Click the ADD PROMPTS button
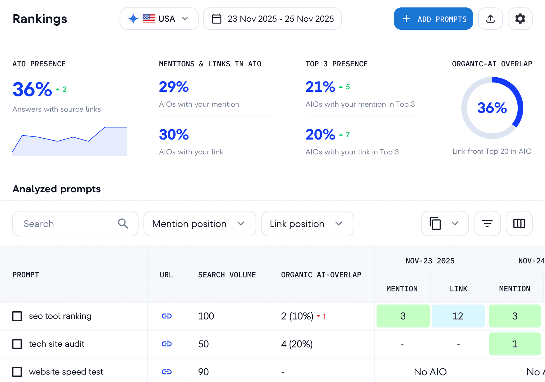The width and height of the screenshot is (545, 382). [433, 19]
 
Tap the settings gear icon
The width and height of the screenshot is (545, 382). [520, 19]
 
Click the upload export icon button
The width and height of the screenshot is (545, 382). [490, 19]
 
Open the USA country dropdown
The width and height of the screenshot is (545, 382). [159, 19]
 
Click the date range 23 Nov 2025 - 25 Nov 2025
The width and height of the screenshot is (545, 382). [272, 19]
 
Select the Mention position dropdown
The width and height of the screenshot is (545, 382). [199, 224]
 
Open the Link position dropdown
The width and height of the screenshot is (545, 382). [307, 224]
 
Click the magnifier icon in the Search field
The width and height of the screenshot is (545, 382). [123, 224]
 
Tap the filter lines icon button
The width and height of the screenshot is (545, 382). [487, 224]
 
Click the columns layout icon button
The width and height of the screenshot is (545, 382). [519, 224]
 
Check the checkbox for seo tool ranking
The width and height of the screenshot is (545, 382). [17, 316]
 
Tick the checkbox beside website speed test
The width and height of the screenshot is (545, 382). [17, 372]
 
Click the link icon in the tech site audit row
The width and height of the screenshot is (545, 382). [167, 344]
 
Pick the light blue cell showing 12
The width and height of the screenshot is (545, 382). [458, 316]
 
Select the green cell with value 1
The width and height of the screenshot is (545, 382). [515, 344]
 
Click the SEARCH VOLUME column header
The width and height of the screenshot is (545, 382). [227, 275]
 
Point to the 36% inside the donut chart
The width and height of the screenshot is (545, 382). [492, 108]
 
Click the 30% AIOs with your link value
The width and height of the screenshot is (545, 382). [174, 135]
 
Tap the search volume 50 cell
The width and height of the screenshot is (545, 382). [203, 344]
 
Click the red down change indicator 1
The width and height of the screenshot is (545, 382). [321, 316]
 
